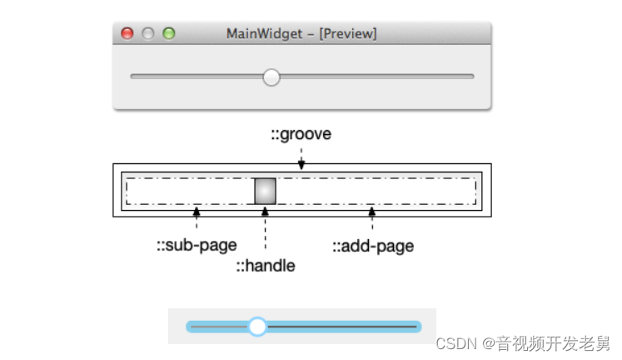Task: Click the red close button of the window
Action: tap(127, 34)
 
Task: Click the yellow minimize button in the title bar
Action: tap(148, 34)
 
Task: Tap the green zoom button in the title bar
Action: tap(169, 34)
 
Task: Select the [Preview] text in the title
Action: tap(348, 34)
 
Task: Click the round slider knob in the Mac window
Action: tap(271, 77)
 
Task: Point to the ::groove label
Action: tap(301, 134)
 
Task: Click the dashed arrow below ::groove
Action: tap(301, 158)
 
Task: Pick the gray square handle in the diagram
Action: tap(265, 191)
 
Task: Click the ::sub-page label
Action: tap(197, 245)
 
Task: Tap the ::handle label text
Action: tap(265, 266)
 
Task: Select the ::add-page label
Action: tap(373, 245)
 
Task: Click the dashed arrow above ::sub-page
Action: tap(197, 219)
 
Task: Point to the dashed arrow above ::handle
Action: tap(265, 229)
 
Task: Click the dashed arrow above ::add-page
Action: tap(372, 219)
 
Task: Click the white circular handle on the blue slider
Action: tap(257, 327)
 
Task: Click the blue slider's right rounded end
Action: tap(416, 327)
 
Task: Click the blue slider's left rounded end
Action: tap(191, 327)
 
